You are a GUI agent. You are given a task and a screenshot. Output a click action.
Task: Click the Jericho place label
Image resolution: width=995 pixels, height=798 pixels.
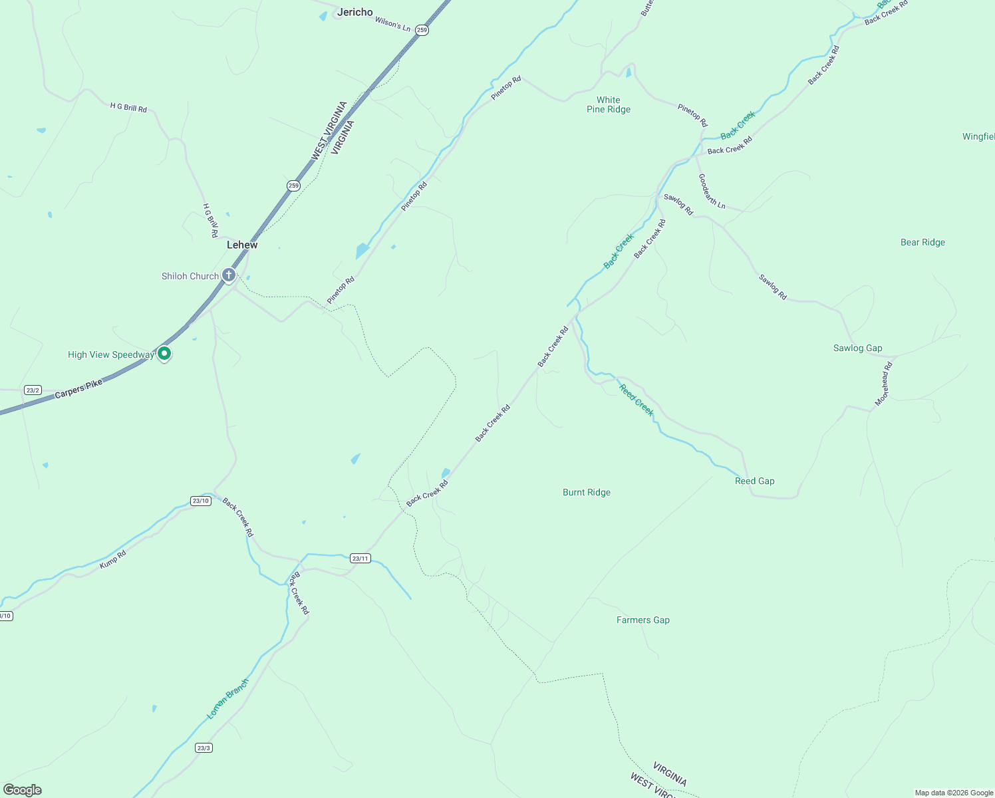(x=355, y=12)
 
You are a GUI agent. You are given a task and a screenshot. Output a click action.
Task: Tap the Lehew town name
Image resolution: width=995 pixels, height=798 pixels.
(x=242, y=245)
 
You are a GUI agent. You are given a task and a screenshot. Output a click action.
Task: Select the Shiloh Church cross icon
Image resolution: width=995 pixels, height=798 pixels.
(x=229, y=275)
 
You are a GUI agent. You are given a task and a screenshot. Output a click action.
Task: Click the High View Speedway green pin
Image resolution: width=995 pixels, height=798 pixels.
(x=164, y=353)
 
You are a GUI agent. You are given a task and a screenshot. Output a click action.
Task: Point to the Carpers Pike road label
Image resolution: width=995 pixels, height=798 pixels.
(x=78, y=389)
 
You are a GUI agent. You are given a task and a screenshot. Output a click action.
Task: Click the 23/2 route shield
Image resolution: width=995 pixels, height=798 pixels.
(x=33, y=390)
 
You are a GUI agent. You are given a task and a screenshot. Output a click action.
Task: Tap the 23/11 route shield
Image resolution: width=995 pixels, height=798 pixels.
(x=360, y=559)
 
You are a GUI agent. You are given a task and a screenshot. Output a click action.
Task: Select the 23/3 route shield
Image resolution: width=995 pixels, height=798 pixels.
(x=204, y=748)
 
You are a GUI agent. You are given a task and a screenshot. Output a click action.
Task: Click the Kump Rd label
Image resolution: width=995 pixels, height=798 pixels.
(x=112, y=559)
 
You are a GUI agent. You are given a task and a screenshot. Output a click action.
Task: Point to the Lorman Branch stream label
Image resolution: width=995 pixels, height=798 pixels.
(x=227, y=699)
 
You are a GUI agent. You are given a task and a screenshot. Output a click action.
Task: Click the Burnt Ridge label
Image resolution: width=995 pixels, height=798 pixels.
(x=586, y=493)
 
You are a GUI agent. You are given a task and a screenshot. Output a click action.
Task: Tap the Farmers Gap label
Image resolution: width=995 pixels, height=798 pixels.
(x=642, y=620)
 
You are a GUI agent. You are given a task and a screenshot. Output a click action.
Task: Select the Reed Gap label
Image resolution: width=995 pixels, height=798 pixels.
(x=754, y=481)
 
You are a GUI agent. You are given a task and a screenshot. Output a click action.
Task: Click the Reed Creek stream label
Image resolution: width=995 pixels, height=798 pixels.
(x=637, y=400)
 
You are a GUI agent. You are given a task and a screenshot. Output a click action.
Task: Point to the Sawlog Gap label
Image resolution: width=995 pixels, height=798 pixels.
(x=857, y=348)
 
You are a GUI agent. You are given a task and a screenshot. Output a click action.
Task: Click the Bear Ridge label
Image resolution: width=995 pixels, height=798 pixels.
(x=923, y=243)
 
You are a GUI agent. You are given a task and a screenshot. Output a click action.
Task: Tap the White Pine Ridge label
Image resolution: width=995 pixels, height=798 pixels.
(x=608, y=105)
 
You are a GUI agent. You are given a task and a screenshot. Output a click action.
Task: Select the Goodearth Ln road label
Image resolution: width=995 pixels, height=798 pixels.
(x=711, y=191)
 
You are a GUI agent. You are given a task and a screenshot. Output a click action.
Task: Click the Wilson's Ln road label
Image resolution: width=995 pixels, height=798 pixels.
(x=392, y=23)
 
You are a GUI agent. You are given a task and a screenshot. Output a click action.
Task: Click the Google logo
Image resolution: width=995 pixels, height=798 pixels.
(x=23, y=790)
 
